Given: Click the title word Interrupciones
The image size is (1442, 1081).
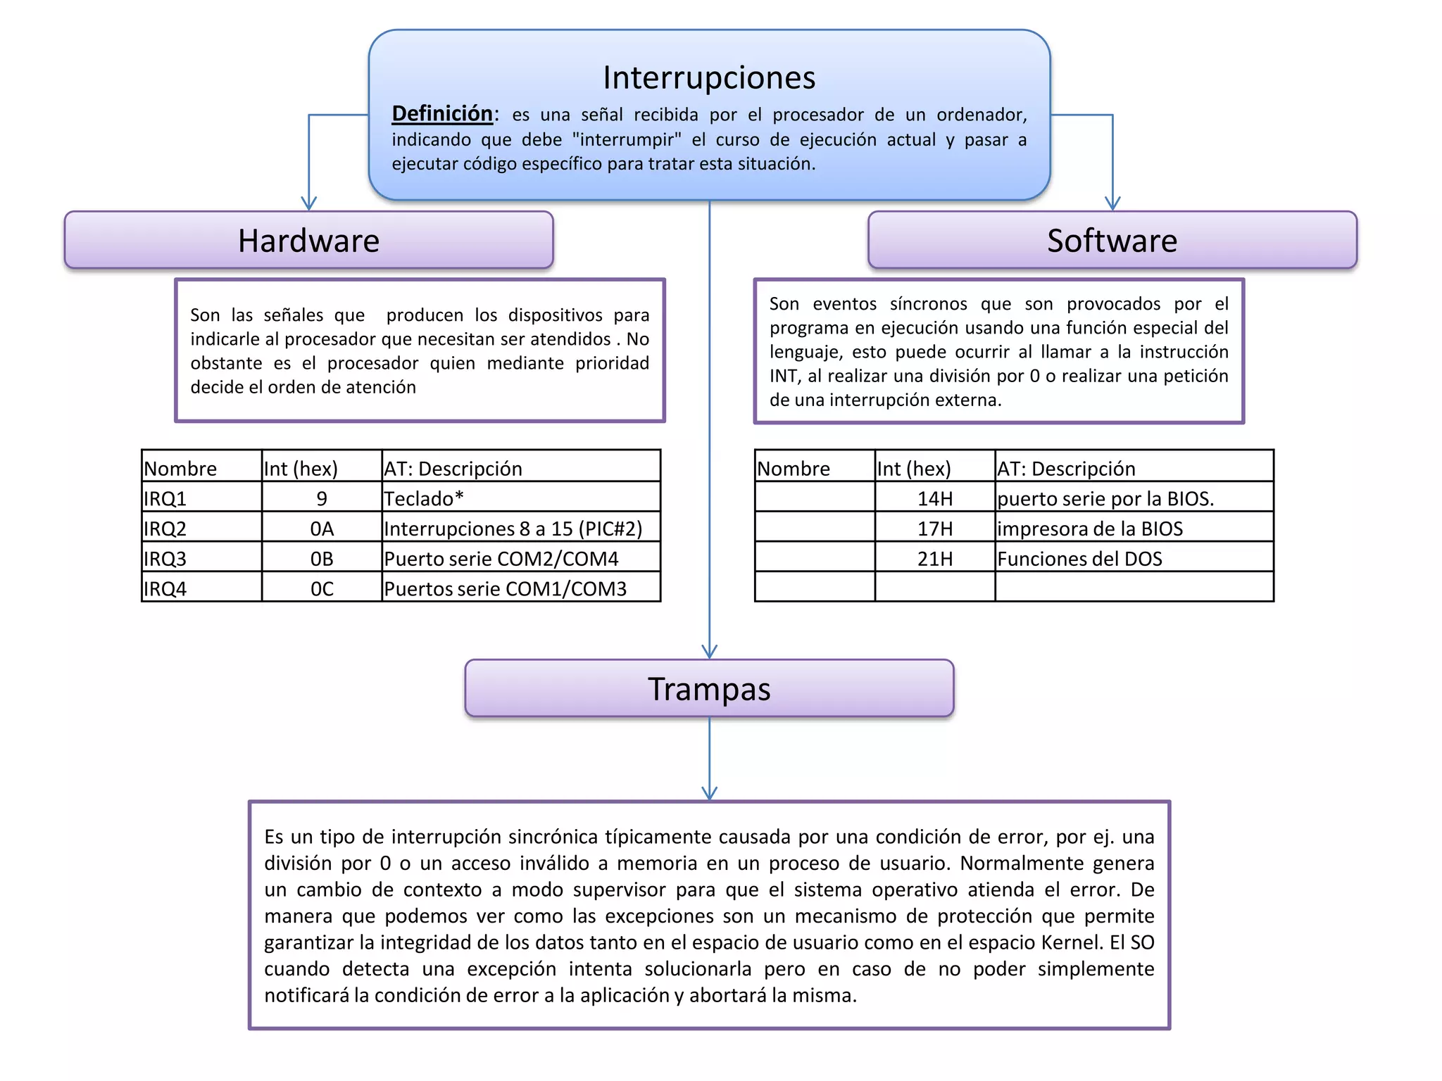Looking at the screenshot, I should [709, 77].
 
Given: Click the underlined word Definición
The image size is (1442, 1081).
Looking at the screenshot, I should [442, 113].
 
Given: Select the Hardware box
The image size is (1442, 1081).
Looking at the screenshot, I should [308, 240].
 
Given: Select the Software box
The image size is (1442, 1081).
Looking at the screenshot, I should [1112, 240].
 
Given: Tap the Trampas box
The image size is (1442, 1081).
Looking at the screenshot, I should [709, 688].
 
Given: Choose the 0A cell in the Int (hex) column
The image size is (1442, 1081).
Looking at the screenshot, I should [322, 529].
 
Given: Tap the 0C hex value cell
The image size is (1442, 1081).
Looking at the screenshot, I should [322, 588].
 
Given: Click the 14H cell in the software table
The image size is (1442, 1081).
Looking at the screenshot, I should [934, 498].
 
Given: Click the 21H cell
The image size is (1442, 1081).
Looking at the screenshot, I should [934, 559].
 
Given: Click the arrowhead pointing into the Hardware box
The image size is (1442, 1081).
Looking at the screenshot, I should [309, 203].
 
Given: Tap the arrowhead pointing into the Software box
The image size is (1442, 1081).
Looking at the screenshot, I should [1112, 203].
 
